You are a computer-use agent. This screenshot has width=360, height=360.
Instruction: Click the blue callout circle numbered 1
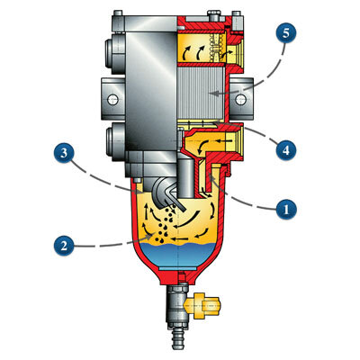286,209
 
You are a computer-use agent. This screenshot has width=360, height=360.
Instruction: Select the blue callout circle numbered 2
64,246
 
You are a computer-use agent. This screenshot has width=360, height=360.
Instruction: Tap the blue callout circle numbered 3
64,153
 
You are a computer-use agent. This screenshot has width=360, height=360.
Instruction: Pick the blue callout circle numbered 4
286,149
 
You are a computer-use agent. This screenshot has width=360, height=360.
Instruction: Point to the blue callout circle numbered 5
286,33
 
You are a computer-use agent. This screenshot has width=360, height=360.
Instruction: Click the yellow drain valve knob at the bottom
202,306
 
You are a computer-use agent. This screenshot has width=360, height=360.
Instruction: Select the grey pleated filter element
201,93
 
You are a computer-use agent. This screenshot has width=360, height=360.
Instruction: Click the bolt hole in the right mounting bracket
240,99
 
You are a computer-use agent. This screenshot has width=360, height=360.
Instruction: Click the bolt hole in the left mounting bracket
112,99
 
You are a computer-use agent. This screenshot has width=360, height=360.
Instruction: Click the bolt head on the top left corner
118,13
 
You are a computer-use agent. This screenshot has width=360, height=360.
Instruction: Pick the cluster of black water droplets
165,226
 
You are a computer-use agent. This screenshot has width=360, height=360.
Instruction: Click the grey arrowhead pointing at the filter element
212,94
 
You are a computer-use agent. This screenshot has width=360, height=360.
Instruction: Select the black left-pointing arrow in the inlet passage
222,140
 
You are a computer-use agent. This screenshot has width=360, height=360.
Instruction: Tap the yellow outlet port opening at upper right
235,54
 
